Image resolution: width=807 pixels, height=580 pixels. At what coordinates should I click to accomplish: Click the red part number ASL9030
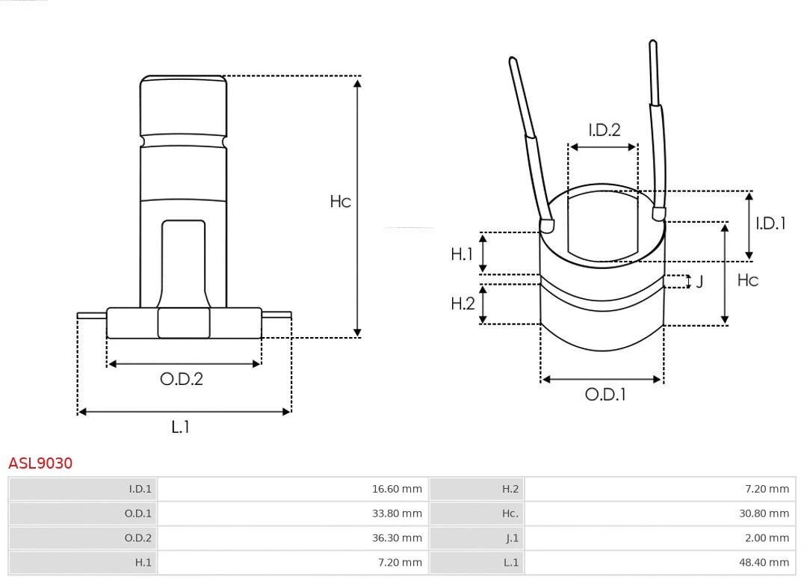40,463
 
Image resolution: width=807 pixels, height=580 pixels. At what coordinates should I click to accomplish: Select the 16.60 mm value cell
397,490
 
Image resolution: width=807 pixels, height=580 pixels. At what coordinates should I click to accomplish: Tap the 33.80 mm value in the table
397,513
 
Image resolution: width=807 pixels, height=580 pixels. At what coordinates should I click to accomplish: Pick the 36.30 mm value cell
397,538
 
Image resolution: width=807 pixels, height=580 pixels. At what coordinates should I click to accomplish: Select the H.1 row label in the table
143,562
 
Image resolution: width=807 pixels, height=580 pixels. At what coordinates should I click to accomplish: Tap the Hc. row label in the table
510,513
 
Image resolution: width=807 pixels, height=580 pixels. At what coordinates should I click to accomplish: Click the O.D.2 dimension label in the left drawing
182,379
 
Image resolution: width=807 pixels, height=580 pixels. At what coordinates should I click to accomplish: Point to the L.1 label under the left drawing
181,427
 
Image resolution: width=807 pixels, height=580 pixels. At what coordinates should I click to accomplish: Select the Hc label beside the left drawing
341,202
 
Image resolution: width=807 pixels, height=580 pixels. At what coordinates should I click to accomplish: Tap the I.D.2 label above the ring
604,130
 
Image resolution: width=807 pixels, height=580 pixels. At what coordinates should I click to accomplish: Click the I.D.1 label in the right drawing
770,223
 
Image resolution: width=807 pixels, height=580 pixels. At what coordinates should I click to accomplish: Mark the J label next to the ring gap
699,282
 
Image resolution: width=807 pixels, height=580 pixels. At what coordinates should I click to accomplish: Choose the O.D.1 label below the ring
605,395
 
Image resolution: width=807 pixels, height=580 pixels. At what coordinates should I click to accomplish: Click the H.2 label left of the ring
463,303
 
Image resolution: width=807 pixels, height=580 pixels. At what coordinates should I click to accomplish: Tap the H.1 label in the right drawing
462,254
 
